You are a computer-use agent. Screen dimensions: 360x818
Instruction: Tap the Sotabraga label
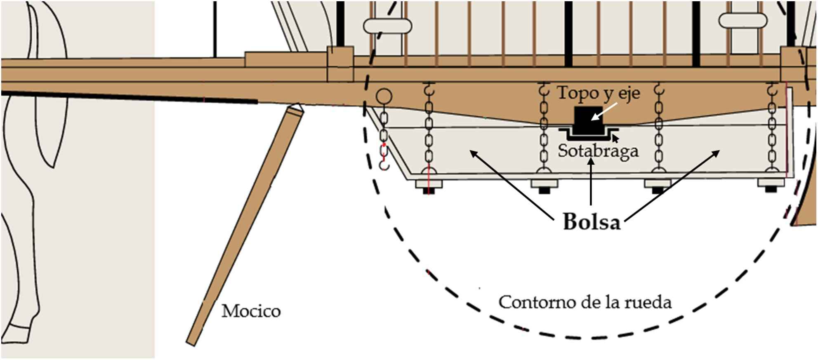point(598,151)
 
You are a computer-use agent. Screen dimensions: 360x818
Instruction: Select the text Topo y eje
point(599,93)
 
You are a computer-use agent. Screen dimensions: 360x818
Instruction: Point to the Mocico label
point(251,311)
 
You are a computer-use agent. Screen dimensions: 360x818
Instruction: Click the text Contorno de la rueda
point(585,302)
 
